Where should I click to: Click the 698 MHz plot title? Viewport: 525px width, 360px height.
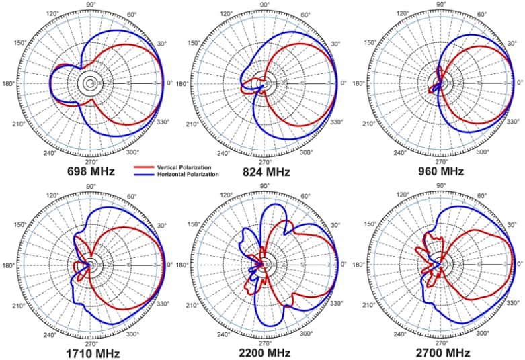click(91, 171)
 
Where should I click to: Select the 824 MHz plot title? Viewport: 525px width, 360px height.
click(266, 172)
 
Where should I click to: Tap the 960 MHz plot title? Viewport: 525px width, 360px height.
click(441, 171)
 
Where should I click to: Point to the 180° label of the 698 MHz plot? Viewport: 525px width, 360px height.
click(9, 84)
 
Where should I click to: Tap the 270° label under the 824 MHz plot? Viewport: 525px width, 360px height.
click(266, 162)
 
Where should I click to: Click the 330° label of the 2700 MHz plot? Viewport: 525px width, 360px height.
click(511, 304)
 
